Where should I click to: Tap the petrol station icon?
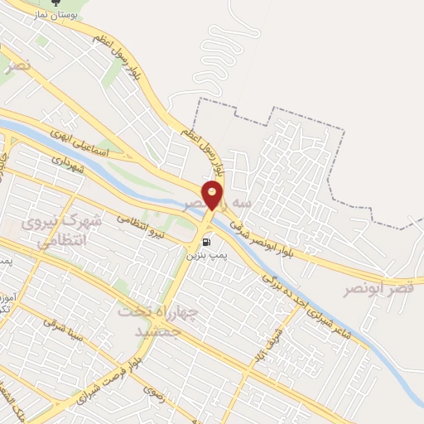coord(205,243)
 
